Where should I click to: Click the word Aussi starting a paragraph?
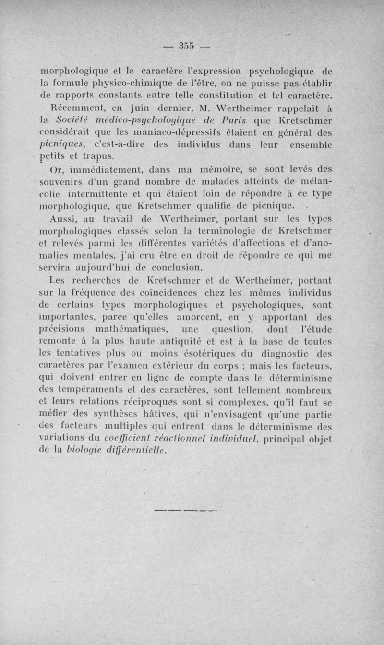pyautogui.click(x=61, y=219)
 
